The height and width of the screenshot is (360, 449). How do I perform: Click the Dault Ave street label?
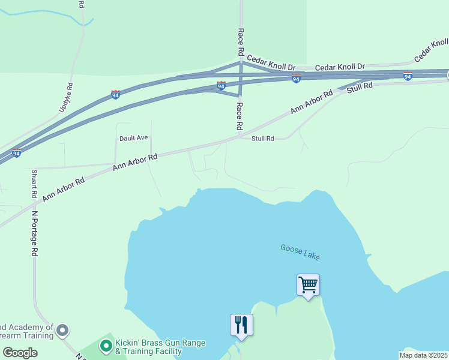pyautogui.click(x=133, y=137)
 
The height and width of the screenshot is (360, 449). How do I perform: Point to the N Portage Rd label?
pyautogui.click(x=35, y=234)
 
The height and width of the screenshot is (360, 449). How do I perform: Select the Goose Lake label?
pyautogui.click(x=300, y=251)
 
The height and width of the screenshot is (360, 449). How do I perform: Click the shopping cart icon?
pyautogui.click(x=308, y=284)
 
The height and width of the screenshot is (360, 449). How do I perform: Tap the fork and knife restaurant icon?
pyautogui.click(x=241, y=325)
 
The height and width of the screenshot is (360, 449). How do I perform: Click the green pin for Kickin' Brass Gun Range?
pyautogui.click(x=106, y=345)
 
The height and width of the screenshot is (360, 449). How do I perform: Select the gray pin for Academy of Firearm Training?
pyautogui.click(x=62, y=330)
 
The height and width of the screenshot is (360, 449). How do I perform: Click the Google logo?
pyautogui.click(x=19, y=353)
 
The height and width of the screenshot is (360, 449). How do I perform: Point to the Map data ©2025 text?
pyautogui.click(x=423, y=355)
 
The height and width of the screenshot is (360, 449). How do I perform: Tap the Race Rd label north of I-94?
pyautogui.click(x=241, y=41)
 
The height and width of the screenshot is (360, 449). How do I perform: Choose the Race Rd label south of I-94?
pyautogui.click(x=239, y=116)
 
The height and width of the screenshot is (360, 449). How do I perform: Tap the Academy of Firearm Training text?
pyautogui.click(x=27, y=331)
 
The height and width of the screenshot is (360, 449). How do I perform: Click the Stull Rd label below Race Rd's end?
pyautogui.click(x=262, y=139)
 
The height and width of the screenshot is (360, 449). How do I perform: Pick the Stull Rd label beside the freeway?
pyautogui.click(x=360, y=88)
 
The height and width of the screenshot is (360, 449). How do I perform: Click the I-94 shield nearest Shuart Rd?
pyautogui.click(x=17, y=153)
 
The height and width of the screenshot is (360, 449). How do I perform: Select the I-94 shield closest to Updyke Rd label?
pyautogui.click(x=116, y=94)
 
